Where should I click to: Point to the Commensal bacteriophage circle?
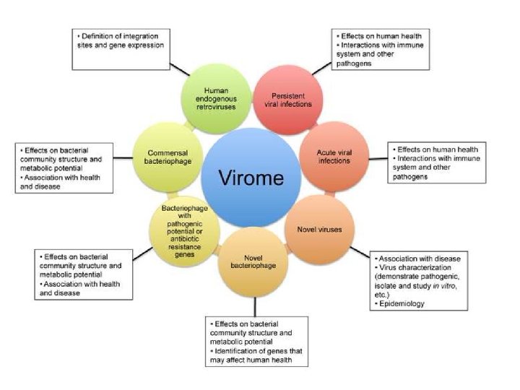(168, 153)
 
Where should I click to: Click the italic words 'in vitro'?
(451, 285)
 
